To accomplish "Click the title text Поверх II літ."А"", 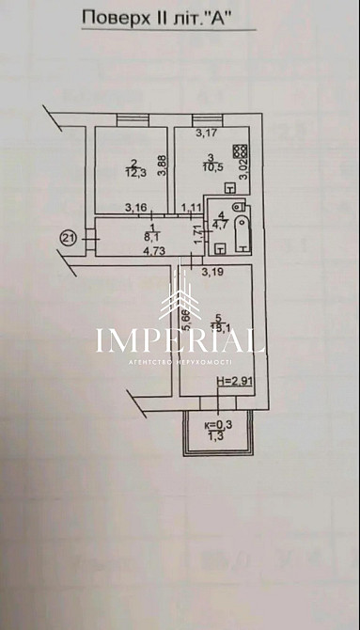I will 168,16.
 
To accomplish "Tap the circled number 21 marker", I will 67,239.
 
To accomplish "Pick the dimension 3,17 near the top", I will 205,133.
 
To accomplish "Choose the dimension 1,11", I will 192,207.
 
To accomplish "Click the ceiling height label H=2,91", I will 233,381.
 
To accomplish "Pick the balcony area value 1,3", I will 215,435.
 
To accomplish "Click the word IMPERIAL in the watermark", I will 180,339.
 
